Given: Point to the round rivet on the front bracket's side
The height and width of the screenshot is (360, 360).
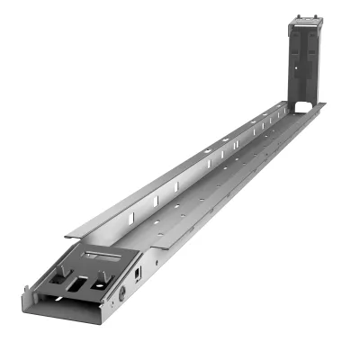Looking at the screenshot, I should pyautogui.click(x=121, y=293).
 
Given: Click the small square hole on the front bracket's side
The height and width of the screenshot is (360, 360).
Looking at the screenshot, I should pyautogui.click(x=138, y=273).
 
